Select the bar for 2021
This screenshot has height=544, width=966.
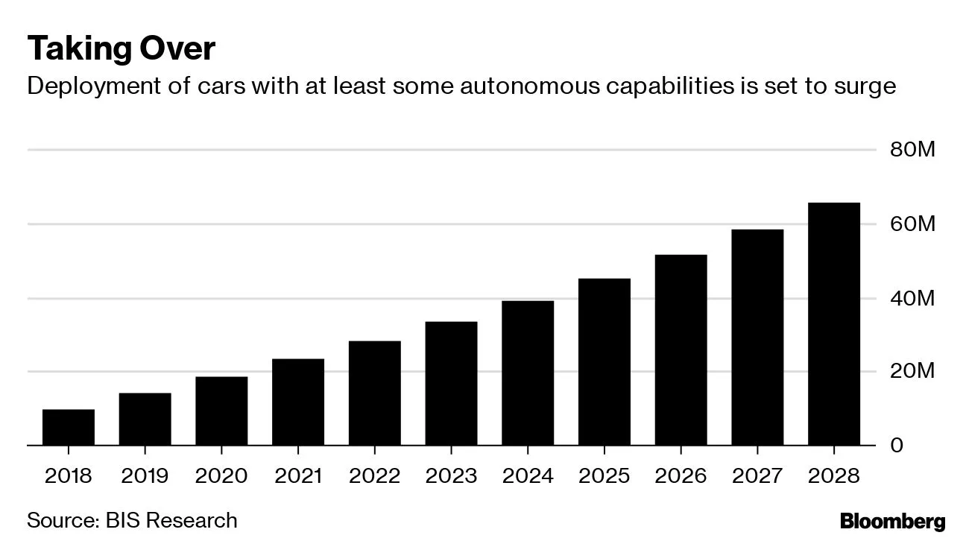coord(298,402)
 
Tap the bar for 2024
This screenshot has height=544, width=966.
coord(528,373)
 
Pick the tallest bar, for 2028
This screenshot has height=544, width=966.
coord(834,324)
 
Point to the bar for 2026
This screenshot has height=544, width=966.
coord(681,350)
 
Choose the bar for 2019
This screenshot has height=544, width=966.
coord(145,419)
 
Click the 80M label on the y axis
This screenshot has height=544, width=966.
coord(912,150)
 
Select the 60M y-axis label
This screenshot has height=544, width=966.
coord(912,224)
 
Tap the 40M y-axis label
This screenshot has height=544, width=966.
coord(912,298)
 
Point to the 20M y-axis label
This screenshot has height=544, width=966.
coord(912,371)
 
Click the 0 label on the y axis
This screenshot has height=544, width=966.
coord(897,445)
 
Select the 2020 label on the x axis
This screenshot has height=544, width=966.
coord(221,475)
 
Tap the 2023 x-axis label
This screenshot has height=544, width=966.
coord(451,475)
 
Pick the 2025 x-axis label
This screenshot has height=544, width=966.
coord(604,475)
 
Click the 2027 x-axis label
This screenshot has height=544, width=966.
coord(757,475)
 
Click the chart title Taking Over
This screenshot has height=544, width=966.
coord(121,49)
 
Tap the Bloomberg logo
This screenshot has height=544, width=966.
coord(892,521)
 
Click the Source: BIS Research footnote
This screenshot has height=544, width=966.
coord(132,519)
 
